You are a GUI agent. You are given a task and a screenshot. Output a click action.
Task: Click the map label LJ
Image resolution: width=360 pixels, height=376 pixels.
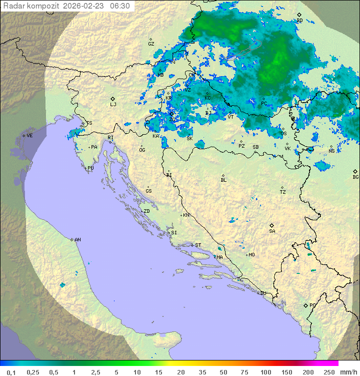(x=113, y=105)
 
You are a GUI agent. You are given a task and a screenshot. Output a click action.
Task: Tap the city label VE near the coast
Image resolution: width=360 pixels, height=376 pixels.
(x=29, y=136)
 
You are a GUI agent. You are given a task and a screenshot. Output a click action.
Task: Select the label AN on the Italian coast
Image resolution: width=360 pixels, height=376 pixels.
(x=77, y=240)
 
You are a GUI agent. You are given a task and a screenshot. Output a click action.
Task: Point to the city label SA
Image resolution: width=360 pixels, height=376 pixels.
(x=272, y=231)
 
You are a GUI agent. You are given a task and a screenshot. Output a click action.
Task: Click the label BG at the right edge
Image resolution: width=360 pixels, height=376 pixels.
(x=355, y=177)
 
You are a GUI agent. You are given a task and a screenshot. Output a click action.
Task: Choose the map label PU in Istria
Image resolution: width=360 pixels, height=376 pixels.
(x=90, y=168)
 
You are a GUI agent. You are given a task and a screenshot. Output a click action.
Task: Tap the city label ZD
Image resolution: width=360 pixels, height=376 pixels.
(x=146, y=211)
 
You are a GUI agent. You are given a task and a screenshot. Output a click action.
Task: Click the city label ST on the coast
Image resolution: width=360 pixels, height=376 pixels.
(x=198, y=245)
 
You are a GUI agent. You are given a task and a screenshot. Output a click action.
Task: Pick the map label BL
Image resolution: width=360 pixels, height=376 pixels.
(x=223, y=180)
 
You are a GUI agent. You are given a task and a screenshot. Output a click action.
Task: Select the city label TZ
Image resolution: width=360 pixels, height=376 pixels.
(x=283, y=192)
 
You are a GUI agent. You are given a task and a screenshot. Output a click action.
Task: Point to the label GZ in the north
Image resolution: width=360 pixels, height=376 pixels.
(x=151, y=44)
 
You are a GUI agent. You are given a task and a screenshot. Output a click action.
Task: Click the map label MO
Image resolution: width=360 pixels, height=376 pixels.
(x=251, y=254)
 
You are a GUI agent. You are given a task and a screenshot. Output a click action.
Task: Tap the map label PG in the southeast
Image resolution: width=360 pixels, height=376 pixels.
(x=312, y=305)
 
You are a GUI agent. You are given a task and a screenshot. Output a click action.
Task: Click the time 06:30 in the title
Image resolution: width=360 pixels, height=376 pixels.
(x=120, y=6)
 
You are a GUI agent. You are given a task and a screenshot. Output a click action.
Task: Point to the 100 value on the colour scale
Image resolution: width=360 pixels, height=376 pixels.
(x=265, y=372)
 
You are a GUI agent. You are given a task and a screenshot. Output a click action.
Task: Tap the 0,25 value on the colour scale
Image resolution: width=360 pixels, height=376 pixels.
(x=33, y=372)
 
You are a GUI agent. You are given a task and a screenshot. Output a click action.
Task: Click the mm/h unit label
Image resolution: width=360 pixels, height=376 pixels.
(x=347, y=372)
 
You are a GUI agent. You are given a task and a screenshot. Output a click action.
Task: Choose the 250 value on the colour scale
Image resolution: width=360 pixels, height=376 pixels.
(x=329, y=372)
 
